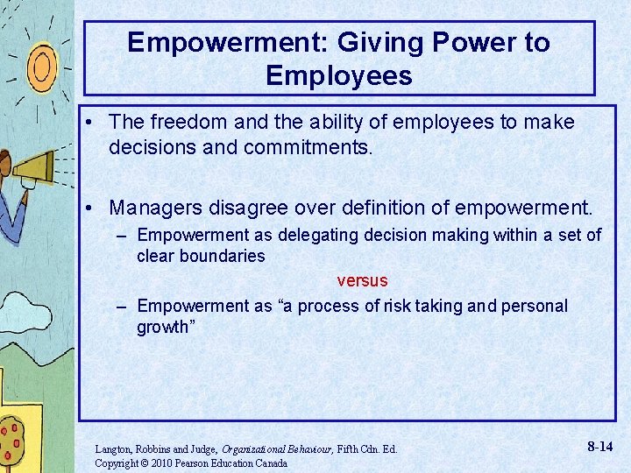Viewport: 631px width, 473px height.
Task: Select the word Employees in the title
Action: (338, 75)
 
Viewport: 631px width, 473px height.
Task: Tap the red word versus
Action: (362, 281)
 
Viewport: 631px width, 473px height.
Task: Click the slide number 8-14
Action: (599, 447)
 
